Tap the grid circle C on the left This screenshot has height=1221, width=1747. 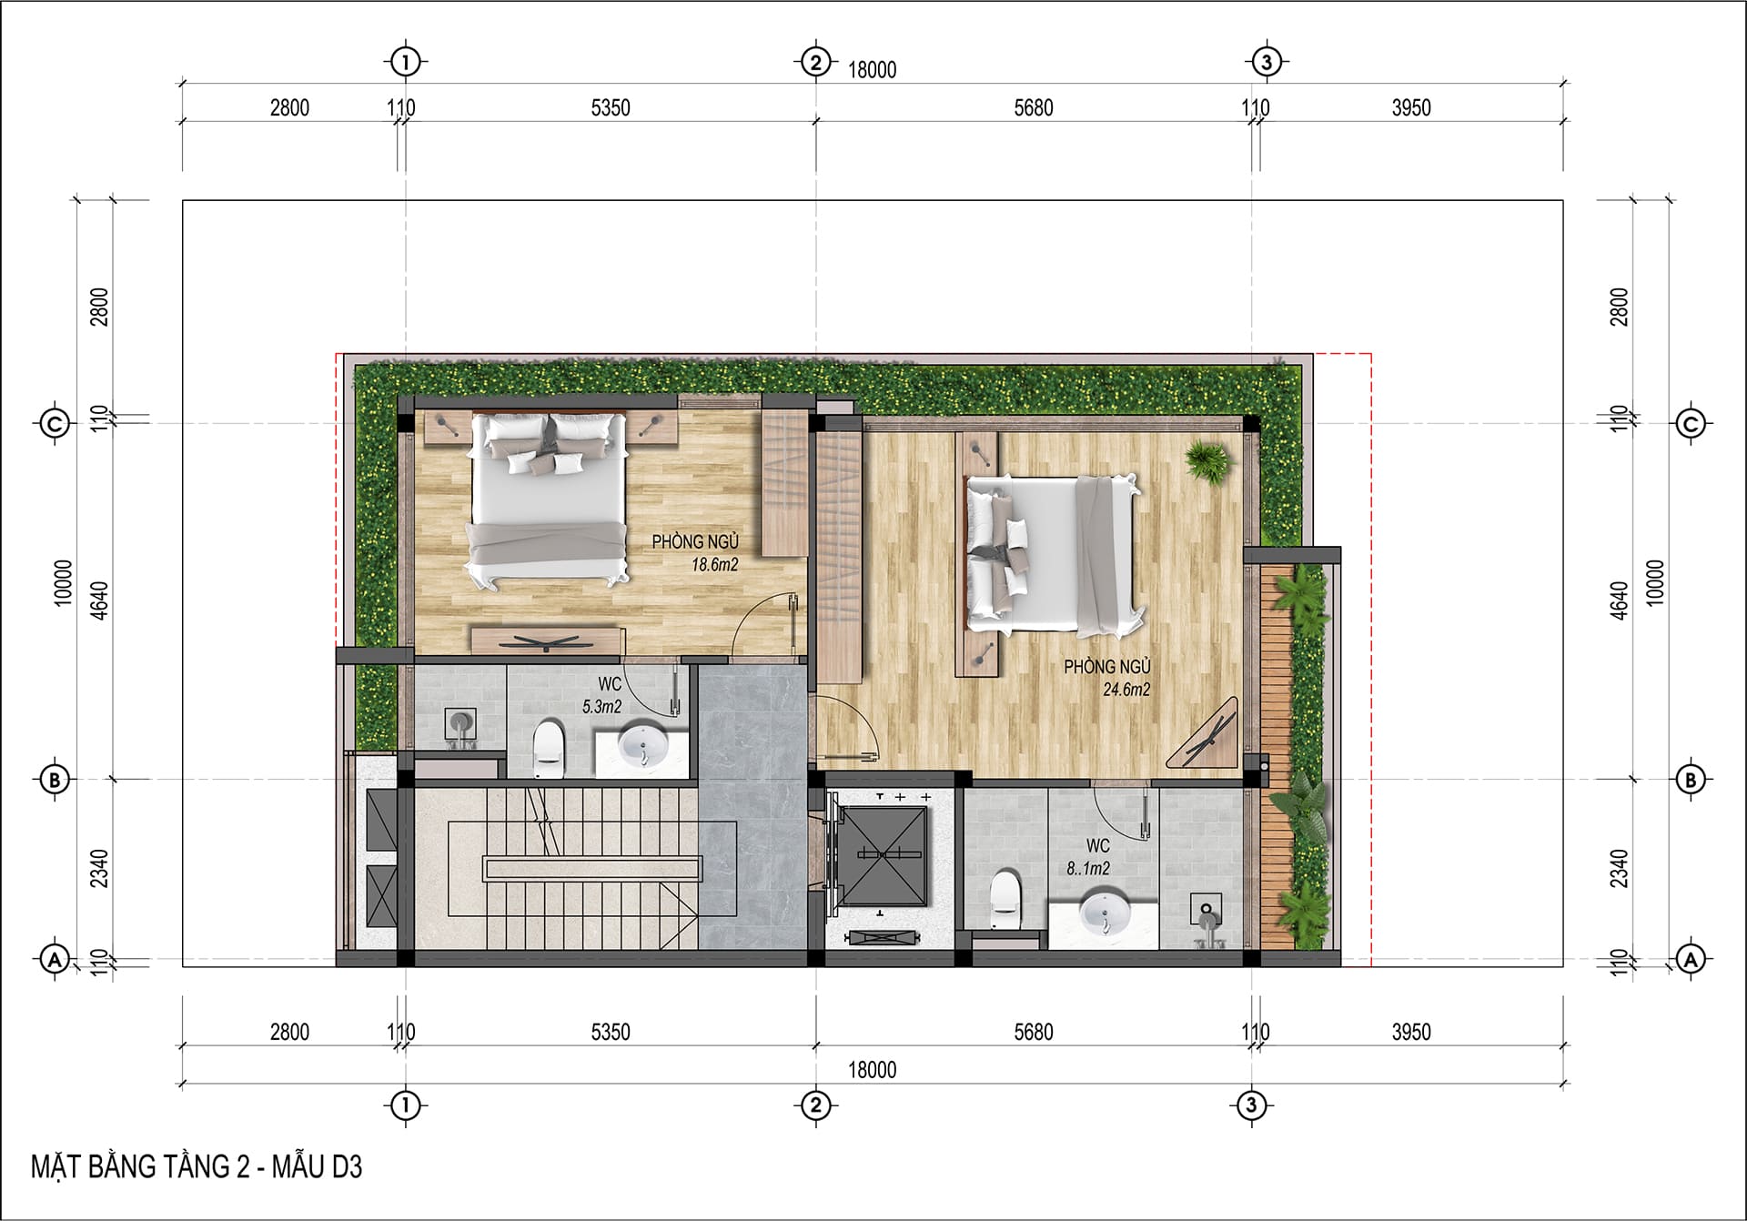56,423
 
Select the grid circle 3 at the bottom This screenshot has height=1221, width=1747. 1252,1105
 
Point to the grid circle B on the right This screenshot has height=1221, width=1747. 1691,780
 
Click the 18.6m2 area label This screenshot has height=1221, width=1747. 714,564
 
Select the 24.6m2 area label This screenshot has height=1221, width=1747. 1126,690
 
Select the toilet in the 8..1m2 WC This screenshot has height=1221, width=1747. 1004,901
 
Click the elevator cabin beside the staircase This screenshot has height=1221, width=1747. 880,855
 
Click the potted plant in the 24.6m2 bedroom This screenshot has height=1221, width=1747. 1208,459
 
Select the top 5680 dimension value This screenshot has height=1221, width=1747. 1034,108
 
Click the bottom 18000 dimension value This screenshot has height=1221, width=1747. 873,1070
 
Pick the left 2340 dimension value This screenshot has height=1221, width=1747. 100,869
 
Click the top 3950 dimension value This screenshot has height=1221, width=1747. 1411,108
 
